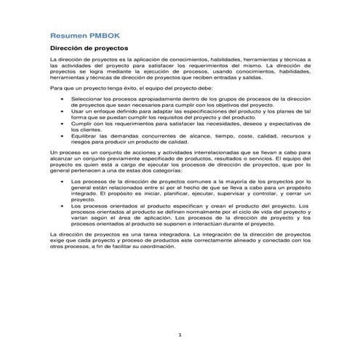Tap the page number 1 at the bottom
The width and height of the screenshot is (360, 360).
(180, 334)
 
